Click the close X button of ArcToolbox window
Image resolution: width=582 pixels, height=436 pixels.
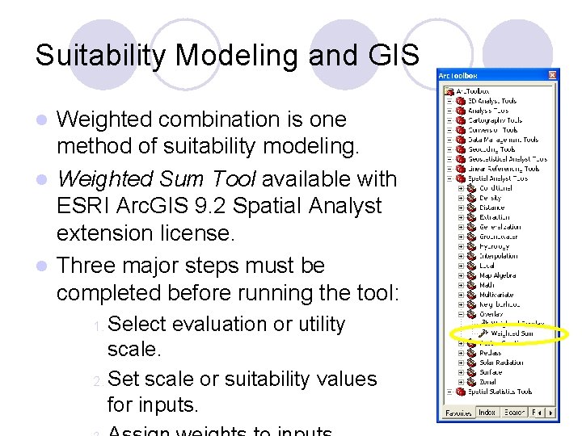553,75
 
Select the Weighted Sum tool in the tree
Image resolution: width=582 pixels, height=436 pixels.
512,333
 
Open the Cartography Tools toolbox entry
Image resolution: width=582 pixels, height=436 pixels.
495,120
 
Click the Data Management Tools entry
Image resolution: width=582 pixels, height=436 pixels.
502,140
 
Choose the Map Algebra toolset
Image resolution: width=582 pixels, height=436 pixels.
497,275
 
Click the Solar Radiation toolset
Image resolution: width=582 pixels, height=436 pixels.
501,363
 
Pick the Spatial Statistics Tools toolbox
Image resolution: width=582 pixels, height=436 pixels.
500,392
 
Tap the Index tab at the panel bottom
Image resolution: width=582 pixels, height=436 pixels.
487,412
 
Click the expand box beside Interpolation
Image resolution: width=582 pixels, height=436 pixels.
461,256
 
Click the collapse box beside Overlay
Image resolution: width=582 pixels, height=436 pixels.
461,314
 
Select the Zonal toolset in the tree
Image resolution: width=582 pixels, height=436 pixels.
488,382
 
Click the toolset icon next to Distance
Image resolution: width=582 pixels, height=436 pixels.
471,208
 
